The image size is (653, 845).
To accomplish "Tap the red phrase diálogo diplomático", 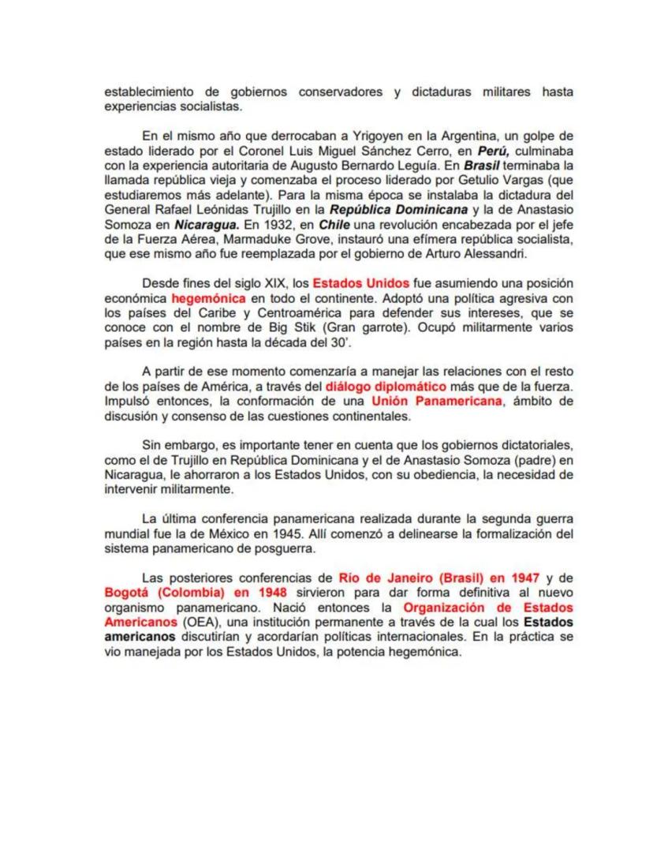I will click(386, 387).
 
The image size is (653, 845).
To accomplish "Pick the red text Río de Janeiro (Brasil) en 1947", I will click(439, 578).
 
